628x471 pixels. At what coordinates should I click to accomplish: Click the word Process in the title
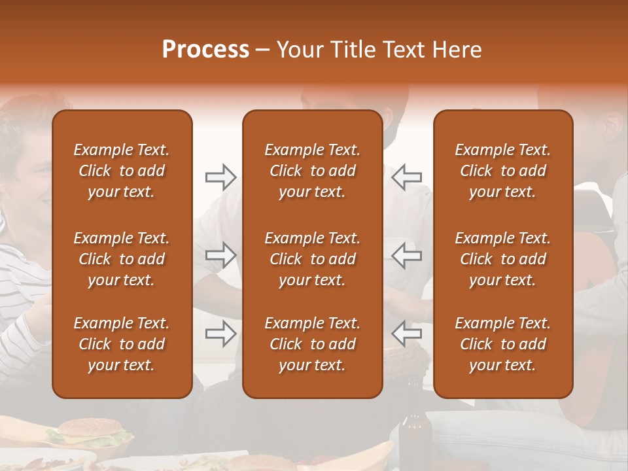pos(205,50)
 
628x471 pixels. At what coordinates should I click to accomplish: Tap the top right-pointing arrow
pos(220,177)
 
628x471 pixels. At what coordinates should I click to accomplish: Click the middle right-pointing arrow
pos(220,255)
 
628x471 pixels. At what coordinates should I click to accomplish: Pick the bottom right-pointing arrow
pos(220,334)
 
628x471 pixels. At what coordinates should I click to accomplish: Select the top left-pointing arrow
pos(407,177)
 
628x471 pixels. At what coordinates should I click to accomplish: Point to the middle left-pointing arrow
pos(407,255)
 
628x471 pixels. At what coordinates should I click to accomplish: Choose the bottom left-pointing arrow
pos(407,334)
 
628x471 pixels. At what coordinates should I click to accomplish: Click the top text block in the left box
pos(122,171)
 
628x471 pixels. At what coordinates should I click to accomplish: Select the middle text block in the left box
pos(122,259)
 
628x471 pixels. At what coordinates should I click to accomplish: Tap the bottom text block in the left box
pos(122,344)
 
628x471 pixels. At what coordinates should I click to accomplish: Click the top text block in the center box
pos(313,171)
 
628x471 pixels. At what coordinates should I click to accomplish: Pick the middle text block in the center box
pos(313,259)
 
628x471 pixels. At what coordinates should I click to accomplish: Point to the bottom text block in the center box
pos(313,344)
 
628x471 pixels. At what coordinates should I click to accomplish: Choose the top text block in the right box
pos(503,171)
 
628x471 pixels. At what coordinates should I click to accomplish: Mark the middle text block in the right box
pos(503,259)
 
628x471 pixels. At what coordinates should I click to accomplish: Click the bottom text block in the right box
pos(503,344)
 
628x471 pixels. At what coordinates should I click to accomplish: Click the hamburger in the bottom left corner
pos(90,433)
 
